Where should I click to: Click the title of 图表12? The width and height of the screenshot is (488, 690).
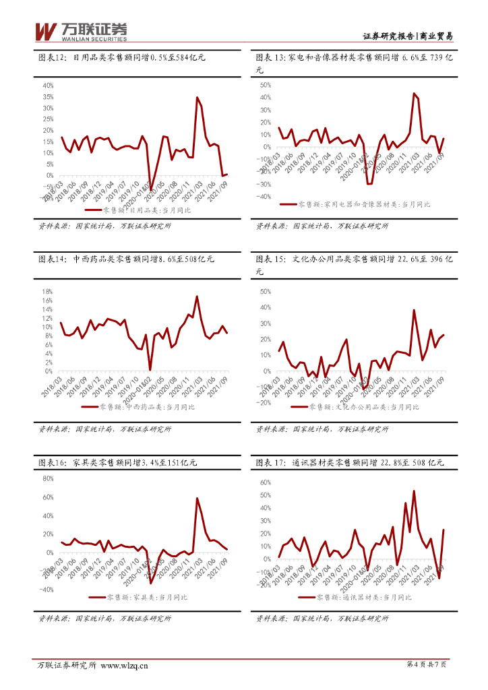click(122, 58)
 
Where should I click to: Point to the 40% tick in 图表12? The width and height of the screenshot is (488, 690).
click(49, 86)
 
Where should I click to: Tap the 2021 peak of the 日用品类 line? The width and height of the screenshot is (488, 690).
click(197, 98)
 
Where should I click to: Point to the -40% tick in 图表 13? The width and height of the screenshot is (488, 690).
click(264, 197)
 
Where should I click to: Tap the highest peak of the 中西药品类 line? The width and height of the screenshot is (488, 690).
click(197, 296)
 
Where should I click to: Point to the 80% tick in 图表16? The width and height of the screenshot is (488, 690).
click(49, 478)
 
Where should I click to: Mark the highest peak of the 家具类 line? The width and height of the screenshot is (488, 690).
click(197, 499)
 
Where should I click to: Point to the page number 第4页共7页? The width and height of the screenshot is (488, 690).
click(427, 665)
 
